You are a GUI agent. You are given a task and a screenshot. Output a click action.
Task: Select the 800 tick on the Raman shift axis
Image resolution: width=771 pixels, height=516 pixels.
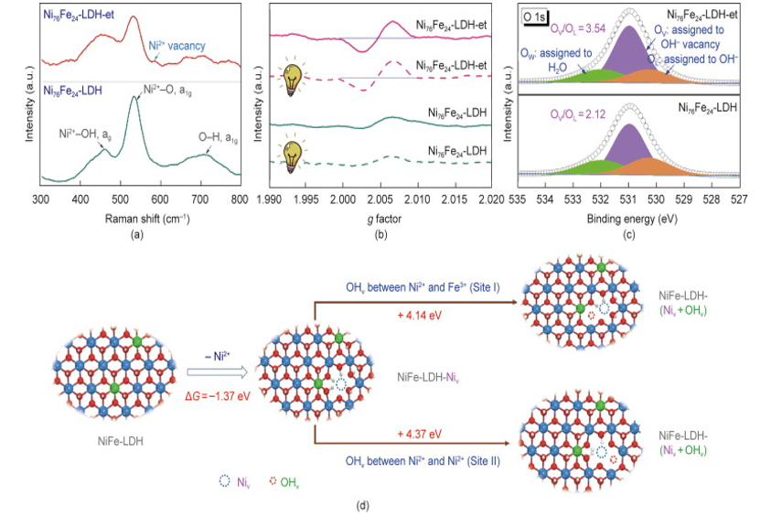238,198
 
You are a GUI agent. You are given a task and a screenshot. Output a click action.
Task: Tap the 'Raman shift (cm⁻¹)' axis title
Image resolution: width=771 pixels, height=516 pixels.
138,218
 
